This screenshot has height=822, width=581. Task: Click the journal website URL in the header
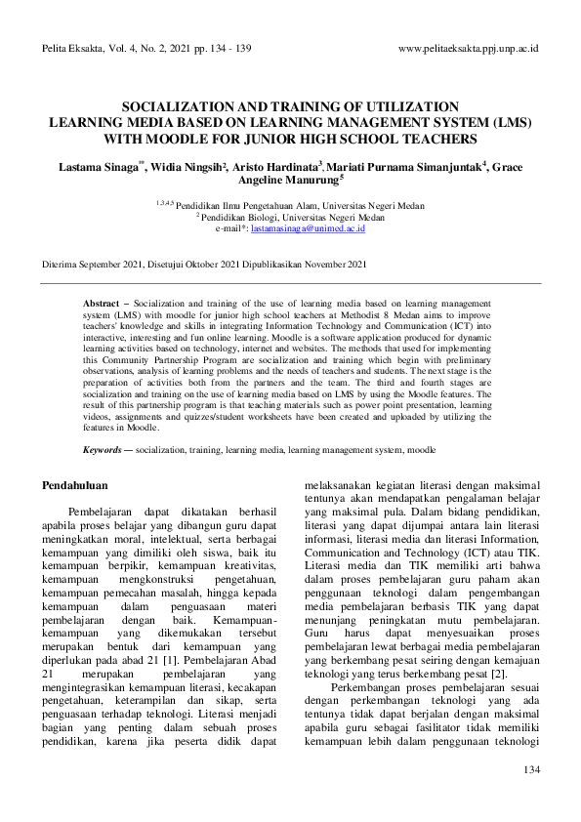[469, 48]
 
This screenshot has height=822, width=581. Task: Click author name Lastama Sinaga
[99, 167]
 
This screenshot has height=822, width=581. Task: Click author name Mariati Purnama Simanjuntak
[403, 167]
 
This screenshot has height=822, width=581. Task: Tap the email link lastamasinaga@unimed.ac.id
[308, 227]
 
